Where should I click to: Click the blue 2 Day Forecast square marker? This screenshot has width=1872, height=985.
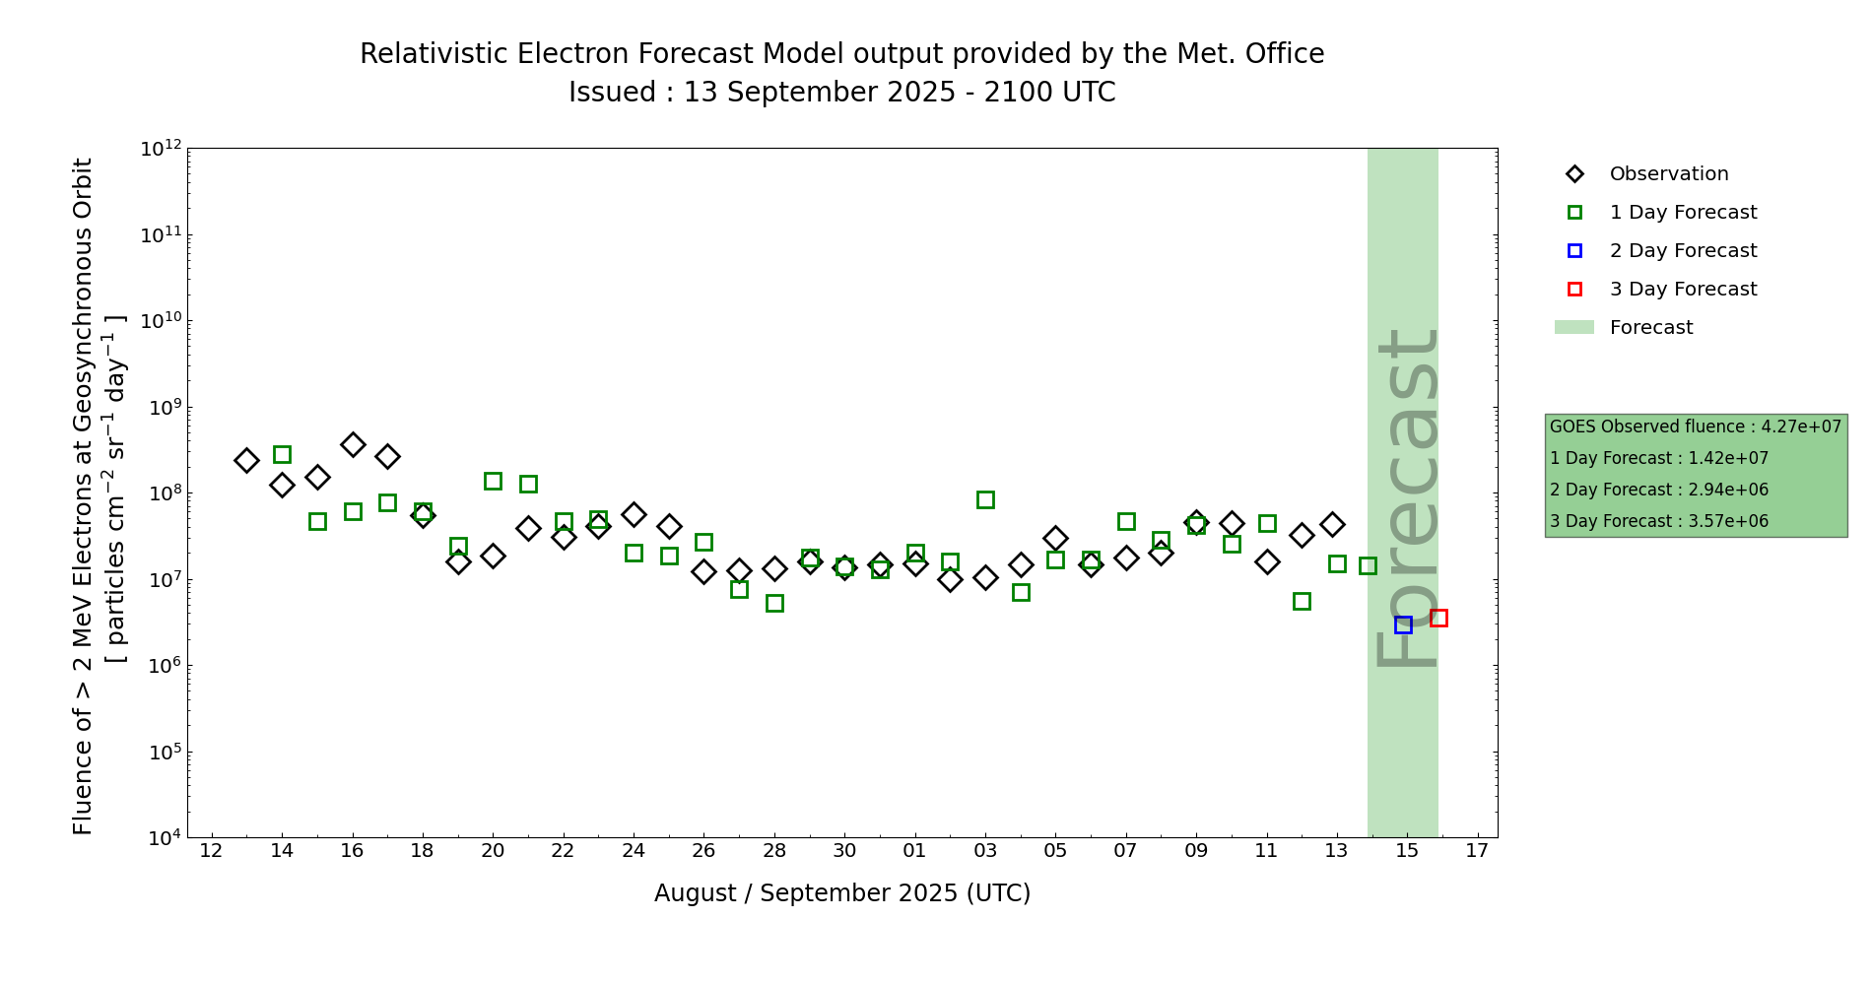pos(1403,624)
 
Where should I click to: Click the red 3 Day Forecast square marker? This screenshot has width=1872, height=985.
pos(1438,618)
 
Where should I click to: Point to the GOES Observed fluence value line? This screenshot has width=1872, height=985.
pos(1695,427)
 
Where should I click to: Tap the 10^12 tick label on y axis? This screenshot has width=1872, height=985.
pos(161,149)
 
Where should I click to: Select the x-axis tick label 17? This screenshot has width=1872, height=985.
pos(1477,851)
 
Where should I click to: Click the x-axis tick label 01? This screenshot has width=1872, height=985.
pos(914,851)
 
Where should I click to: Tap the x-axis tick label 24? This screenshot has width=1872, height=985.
pos(634,851)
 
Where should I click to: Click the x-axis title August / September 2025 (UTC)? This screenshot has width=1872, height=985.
pos(842,893)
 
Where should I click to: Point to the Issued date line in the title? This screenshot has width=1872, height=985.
pos(842,93)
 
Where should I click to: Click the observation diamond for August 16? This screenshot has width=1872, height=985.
pos(353,444)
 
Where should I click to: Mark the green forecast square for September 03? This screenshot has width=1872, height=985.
pos(985,499)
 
